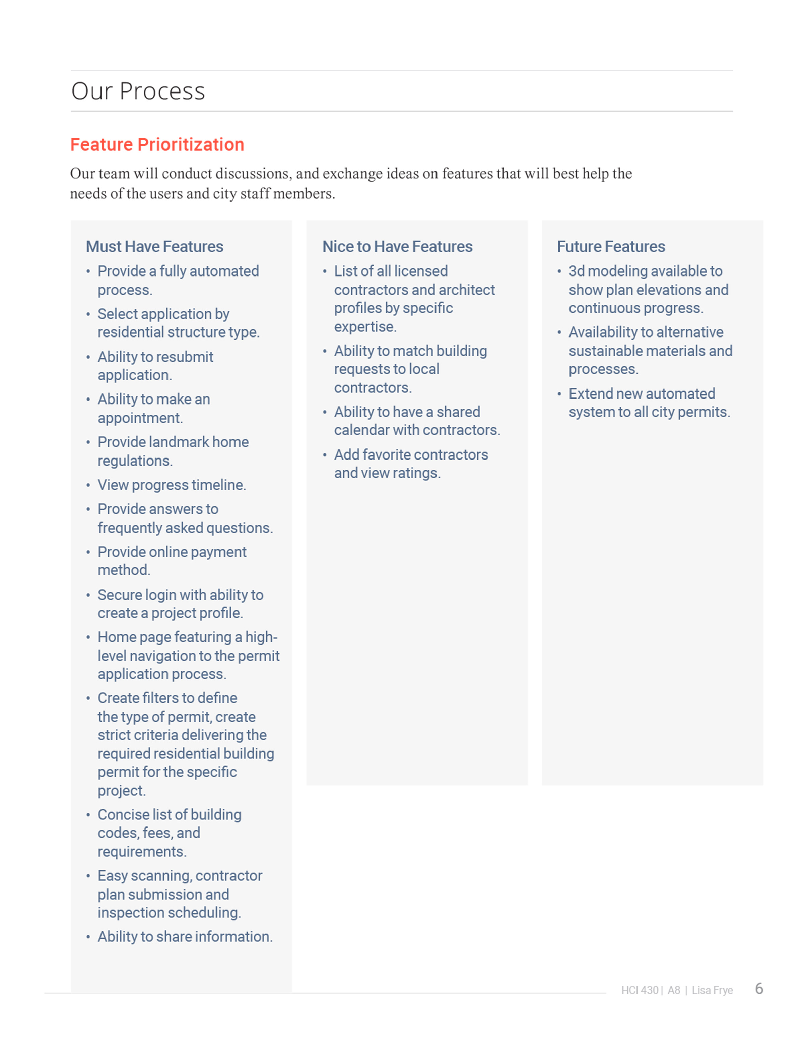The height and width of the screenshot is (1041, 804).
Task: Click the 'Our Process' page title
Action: (138, 91)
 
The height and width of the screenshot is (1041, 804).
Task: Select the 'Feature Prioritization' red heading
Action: (157, 144)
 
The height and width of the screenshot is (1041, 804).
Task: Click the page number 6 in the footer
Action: (759, 989)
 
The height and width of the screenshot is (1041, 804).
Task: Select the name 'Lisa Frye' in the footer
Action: (712, 990)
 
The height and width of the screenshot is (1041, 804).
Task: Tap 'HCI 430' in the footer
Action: (640, 990)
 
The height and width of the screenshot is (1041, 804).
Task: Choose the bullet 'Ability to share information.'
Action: (185, 937)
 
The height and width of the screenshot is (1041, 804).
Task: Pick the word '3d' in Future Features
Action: (576, 271)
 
